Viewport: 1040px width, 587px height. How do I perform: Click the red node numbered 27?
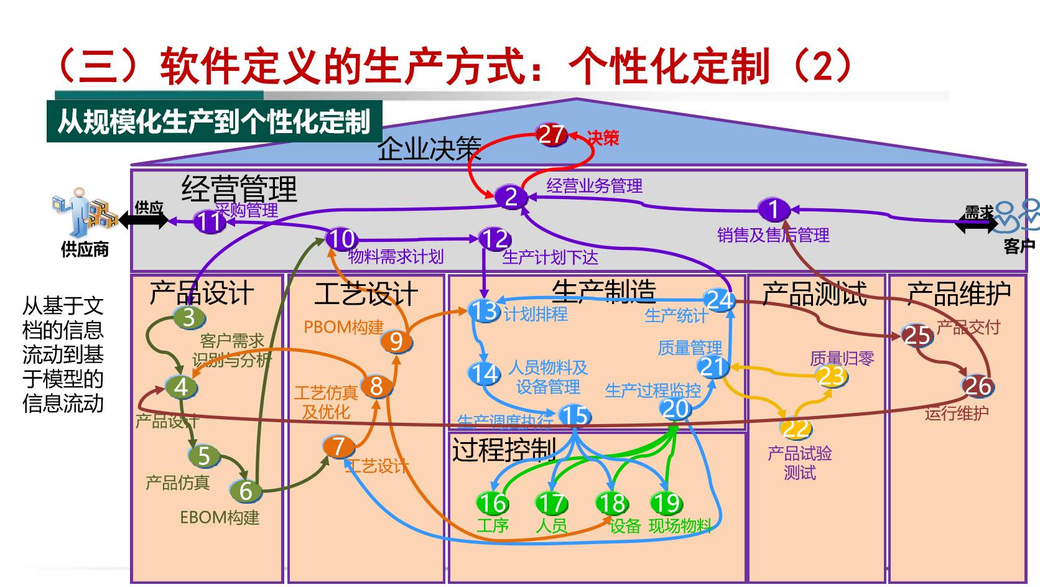[x=551, y=134]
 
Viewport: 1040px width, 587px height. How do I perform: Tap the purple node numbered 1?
[x=774, y=210]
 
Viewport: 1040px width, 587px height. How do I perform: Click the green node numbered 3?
[x=188, y=317]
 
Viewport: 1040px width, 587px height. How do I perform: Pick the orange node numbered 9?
[x=396, y=341]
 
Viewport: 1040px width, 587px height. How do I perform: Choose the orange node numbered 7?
[x=338, y=446]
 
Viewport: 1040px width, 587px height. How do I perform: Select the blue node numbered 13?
[x=484, y=310]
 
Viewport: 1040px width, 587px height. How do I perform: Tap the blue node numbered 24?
[x=719, y=300]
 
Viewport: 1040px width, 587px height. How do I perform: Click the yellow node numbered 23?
[x=832, y=376]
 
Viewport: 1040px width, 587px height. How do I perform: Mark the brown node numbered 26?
[x=977, y=386]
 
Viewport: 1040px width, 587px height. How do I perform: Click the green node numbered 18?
[x=611, y=502]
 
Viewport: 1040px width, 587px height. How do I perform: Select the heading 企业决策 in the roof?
[x=429, y=149]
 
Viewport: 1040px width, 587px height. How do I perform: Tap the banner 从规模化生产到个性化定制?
[x=214, y=122]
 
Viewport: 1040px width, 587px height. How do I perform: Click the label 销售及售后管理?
[x=773, y=235]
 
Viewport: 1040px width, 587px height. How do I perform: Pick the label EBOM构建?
[x=219, y=517]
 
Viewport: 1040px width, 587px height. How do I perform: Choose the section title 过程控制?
[x=504, y=449]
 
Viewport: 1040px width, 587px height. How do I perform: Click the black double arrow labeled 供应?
[x=144, y=220]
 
